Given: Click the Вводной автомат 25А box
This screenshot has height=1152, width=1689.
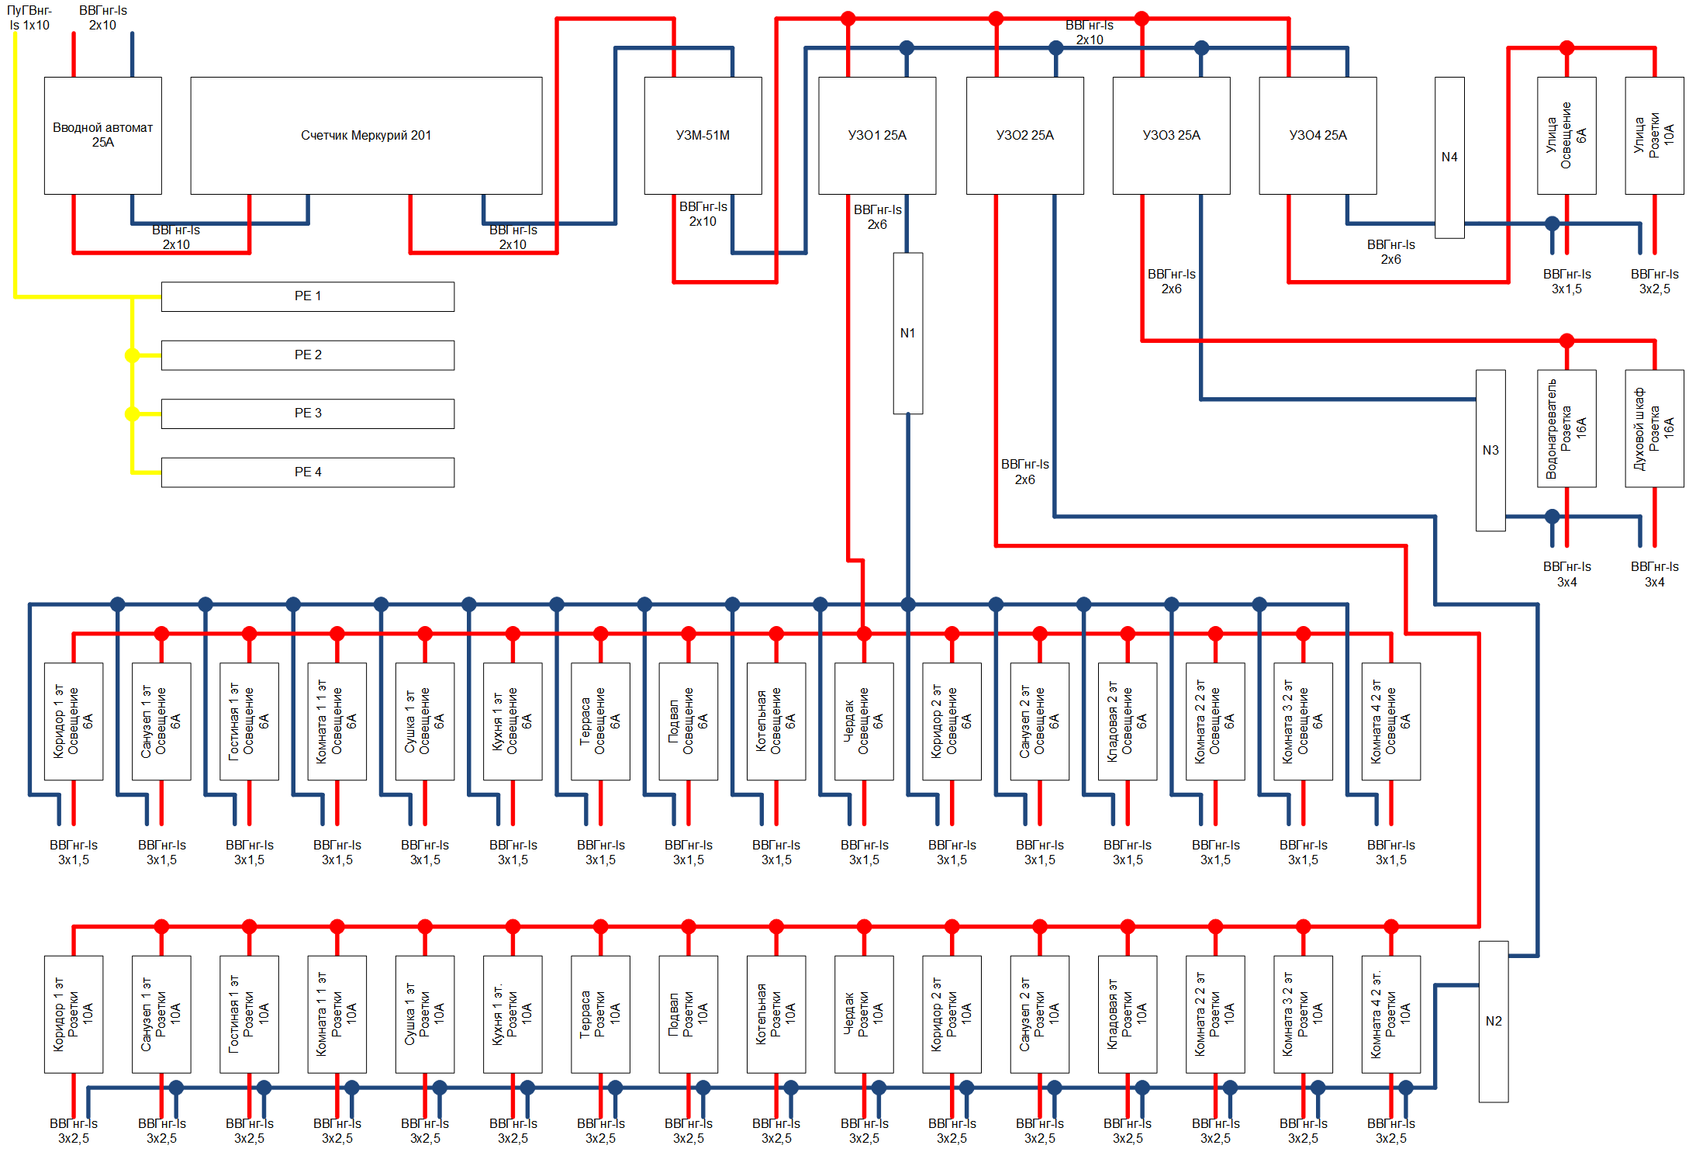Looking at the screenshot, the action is point(102,135).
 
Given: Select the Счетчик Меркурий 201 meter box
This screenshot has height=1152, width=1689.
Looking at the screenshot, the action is point(366,135).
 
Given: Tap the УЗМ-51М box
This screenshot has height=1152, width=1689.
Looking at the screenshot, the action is point(703,135).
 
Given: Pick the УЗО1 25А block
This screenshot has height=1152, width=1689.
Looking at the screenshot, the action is point(877,135).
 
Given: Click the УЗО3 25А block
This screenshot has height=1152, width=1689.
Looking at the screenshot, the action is point(1171,135).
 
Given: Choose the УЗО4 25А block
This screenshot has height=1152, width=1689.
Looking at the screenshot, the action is point(1318,135).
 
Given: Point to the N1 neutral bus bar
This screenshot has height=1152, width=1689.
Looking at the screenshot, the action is point(908,333).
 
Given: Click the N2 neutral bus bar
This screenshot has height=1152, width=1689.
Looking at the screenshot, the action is point(1494,1021).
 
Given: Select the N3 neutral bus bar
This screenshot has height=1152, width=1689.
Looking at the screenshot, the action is point(1490,450).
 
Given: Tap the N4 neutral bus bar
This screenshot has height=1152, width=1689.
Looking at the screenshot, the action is point(1449,157).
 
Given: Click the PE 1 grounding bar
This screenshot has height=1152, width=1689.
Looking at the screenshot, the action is point(308,296).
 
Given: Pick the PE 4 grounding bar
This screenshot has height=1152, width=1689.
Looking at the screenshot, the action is point(308,472).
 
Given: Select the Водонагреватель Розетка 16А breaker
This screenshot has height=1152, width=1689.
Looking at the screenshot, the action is point(1566,428).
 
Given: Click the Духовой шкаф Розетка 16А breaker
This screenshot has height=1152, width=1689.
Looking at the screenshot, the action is point(1654,428).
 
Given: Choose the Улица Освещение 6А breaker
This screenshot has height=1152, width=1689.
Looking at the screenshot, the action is point(1566,135).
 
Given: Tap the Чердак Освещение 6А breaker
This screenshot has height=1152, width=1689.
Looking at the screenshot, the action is point(864,721).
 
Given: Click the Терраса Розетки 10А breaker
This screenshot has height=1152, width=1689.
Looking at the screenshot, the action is point(600,1014).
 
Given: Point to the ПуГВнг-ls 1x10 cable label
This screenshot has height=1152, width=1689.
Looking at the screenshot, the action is point(29,18).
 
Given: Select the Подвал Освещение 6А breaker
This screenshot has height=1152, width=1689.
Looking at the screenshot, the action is point(688,721).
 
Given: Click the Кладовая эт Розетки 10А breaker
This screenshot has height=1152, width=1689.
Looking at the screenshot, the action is point(1128,1014).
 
